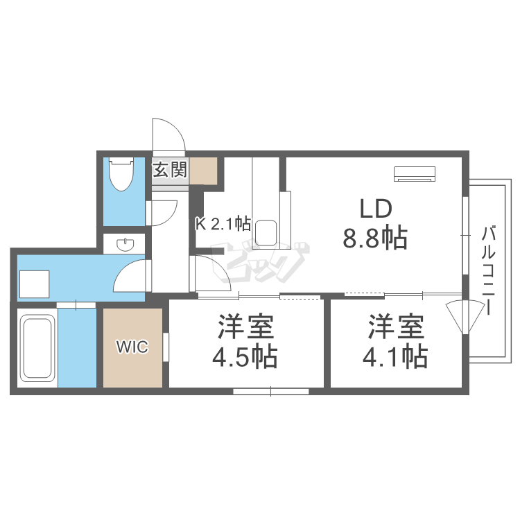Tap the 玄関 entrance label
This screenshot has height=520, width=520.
[169, 169]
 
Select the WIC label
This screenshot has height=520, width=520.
[132, 347]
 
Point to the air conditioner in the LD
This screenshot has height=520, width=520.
[415, 173]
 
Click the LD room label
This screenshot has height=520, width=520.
[376, 209]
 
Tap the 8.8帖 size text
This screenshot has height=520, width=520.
[374, 239]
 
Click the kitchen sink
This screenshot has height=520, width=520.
[266, 232]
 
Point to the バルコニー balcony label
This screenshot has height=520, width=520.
[490, 270]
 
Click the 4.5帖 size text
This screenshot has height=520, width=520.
[245, 357]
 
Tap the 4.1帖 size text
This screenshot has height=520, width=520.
[395, 357]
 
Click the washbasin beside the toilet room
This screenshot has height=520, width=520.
[125, 245]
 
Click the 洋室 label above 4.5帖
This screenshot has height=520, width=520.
[245, 326]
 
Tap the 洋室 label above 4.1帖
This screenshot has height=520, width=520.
[395, 326]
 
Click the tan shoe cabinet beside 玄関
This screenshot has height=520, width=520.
[204, 170]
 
